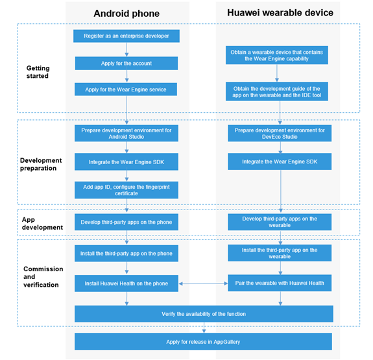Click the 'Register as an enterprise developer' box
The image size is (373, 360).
[126, 36]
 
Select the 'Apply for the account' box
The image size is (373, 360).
[126, 64]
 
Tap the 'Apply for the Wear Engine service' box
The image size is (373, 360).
[126, 90]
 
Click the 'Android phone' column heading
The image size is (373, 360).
[126, 14]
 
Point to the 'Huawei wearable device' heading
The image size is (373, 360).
[280, 12]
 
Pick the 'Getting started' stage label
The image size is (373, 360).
[38, 72]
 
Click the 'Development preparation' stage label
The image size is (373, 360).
[41, 164]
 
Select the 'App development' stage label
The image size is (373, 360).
[42, 223]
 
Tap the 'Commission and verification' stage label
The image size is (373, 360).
[43, 277]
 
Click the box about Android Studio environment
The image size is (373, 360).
[126, 133]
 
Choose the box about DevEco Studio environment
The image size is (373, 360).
[280, 133]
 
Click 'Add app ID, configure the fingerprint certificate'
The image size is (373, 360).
[126, 190]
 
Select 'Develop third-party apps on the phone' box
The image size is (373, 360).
[126, 222]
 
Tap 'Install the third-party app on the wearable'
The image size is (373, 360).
[280, 253]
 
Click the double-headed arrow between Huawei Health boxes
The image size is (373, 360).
[203, 283]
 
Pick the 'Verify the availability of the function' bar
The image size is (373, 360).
[204, 314]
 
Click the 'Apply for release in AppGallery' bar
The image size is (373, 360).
[203, 341]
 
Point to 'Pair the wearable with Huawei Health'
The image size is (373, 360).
[280, 283]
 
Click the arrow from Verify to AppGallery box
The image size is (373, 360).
[204, 328]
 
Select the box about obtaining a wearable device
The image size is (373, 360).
[276, 55]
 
